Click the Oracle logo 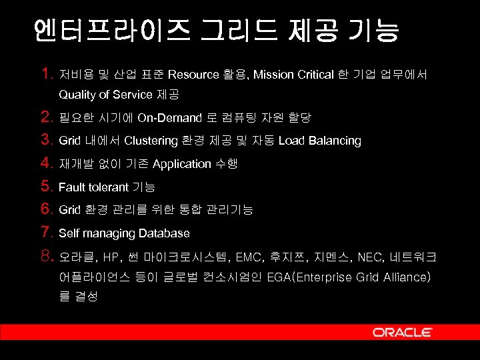tap(402, 332)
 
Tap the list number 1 tap(46, 73)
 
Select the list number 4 tap(46, 163)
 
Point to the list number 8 tap(46, 256)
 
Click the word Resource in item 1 tap(193, 75)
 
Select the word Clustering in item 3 tap(151, 141)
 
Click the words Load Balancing tap(320, 141)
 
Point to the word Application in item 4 tap(181, 164)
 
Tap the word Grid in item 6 tap(69, 210)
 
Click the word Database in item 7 tap(164, 233)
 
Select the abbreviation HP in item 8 tap(111, 257)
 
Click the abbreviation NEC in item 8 tap(370, 257)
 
